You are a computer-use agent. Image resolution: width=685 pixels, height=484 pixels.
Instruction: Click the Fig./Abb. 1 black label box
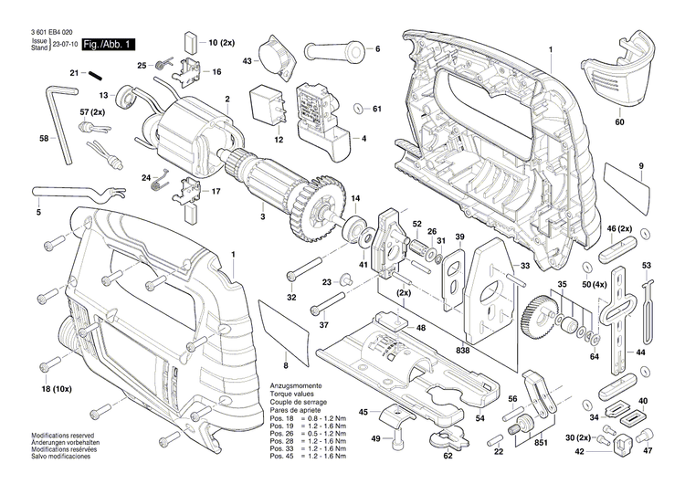109,44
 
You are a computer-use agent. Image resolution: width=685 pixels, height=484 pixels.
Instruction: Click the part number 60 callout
619,121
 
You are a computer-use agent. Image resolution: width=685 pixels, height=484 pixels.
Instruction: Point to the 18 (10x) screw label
58,390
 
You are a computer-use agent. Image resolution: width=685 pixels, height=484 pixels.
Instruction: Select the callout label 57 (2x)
93,111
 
